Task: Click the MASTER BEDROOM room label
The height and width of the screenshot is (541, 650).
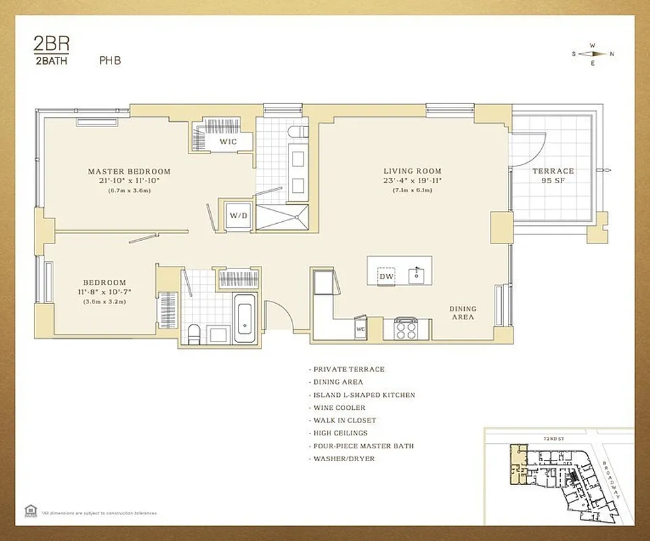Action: (x=129, y=172)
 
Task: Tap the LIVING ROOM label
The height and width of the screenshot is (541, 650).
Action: (x=412, y=172)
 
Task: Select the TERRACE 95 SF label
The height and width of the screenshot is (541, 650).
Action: (x=552, y=176)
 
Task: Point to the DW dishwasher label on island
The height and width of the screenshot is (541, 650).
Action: (x=386, y=276)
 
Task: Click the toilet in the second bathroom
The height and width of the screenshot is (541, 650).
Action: (x=195, y=333)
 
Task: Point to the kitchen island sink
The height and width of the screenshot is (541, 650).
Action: (x=418, y=273)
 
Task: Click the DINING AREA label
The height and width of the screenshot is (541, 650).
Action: (x=463, y=312)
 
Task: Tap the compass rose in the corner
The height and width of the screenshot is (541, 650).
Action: (x=593, y=54)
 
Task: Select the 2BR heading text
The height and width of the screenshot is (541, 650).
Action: (x=51, y=44)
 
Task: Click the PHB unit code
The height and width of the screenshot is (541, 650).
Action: (x=109, y=60)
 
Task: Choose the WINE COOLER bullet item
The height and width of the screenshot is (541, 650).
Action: (x=339, y=408)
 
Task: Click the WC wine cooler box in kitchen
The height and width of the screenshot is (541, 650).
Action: (x=360, y=329)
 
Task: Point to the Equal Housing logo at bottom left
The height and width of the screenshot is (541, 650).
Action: (x=29, y=511)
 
